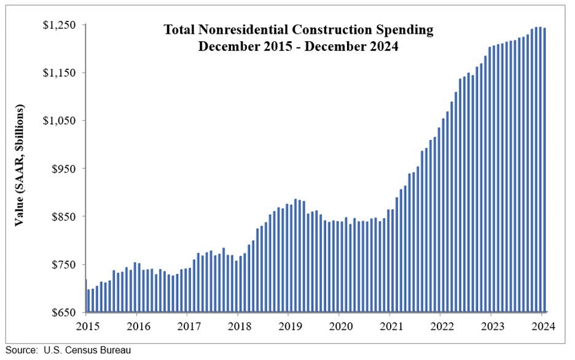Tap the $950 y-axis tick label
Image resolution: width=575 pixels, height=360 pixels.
63,169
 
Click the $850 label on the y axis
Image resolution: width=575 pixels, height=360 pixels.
63,217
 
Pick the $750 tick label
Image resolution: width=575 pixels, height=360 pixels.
63,265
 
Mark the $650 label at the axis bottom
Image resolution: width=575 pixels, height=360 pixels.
63,313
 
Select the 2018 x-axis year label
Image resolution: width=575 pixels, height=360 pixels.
238,326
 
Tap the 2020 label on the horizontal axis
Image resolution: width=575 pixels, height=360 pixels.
340,326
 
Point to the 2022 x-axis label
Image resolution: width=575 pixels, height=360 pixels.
441,326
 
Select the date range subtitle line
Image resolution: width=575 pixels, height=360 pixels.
298,46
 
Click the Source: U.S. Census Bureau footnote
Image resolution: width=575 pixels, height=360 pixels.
69,351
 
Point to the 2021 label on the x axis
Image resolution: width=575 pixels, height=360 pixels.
391,326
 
